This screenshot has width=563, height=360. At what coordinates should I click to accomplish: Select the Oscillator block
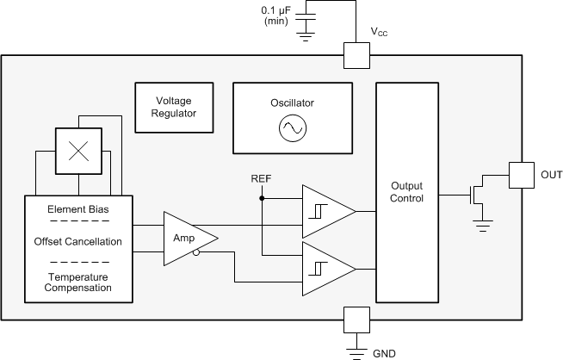(292, 115)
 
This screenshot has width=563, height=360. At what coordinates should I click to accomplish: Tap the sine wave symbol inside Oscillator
(292, 128)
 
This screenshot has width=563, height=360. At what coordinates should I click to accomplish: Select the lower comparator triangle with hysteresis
(325, 268)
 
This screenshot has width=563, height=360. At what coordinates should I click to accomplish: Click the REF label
(261, 178)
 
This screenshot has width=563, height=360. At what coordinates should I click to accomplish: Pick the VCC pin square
(356, 56)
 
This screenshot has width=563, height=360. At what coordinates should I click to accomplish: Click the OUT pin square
(522, 175)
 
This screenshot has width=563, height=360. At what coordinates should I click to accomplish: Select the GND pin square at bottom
(356, 318)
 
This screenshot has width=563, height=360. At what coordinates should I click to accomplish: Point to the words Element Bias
(78, 208)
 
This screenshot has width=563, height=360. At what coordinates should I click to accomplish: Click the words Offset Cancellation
(78, 241)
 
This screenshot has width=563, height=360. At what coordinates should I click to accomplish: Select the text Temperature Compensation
(78, 282)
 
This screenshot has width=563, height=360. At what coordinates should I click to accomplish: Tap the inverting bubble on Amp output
(198, 252)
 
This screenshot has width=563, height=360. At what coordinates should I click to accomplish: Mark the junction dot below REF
(261, 197)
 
